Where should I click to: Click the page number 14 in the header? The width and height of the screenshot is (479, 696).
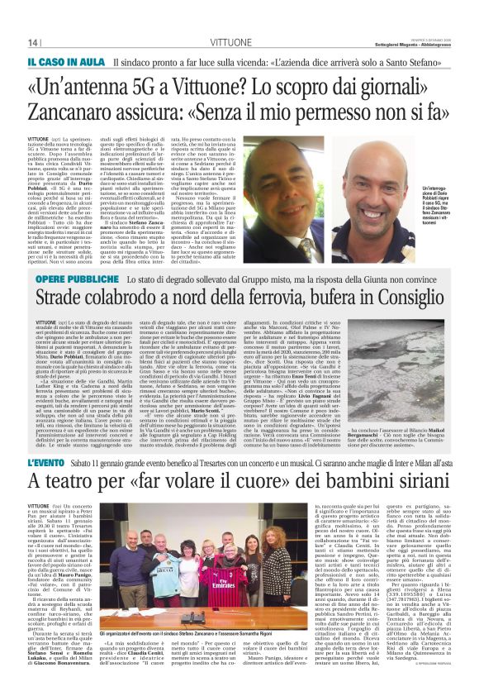point(34,42)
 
